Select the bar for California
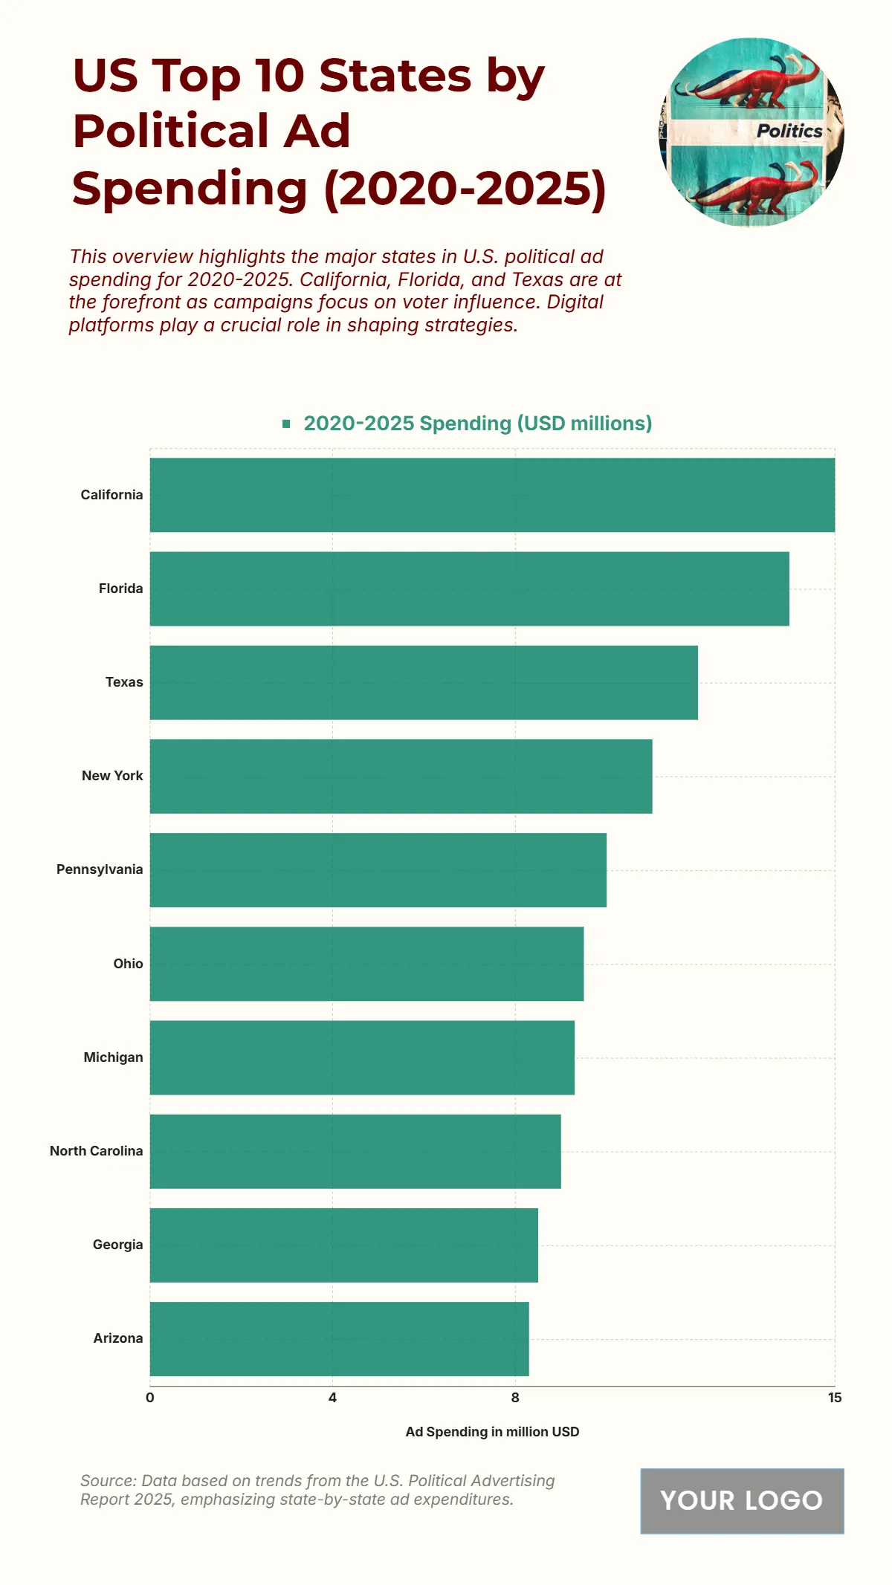(x=492, y=495)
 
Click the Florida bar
(x=469, y=589)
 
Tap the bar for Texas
(x=424, y=682)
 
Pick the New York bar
(x=401, y=776)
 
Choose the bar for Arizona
(x=339, y=1338)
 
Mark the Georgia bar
(x=343, y=1245)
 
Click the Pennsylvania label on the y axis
(x=100, y=869)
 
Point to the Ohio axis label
(x=128, y=963)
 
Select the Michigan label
(x=113, y=1057)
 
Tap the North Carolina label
(x=96, y=1150)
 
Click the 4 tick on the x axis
(x=332, y=1397)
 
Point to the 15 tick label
(x=835, y=1397)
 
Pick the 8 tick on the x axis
(x=515, y=1397)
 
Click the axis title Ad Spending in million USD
(x=492, y=1431)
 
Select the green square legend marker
(x=286, y=424)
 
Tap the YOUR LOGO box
(x=742, y=1500)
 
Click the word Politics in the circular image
(x=789, y=131)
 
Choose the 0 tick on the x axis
(x=150, y=1397)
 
